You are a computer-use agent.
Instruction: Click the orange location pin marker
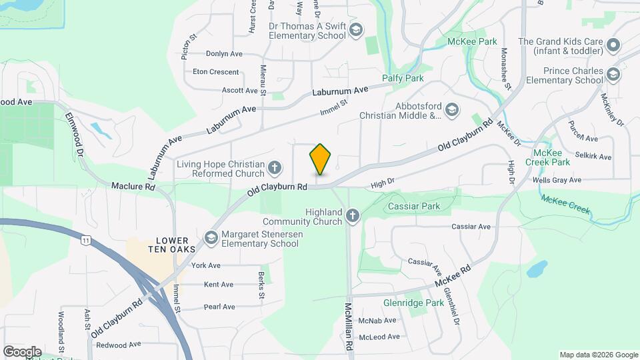coord(320,159)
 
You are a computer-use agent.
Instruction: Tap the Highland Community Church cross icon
coord(353,216)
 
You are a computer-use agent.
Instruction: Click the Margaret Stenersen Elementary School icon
coord(211,238)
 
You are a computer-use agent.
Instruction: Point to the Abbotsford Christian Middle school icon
coord(452,109)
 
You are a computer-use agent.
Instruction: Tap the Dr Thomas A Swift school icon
coord(356,30)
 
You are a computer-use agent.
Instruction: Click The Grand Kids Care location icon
coord(613,45)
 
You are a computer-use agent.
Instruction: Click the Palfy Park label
coord(403,78)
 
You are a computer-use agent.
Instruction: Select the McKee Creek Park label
coord(547,157)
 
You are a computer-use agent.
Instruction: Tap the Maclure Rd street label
coord(133,187)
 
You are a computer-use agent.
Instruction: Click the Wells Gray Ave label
coord(557,180)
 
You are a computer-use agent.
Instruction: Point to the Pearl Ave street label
coord(219,307)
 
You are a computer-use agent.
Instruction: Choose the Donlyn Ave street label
coord(224,53)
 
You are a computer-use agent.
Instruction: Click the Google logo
coord(22,351)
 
